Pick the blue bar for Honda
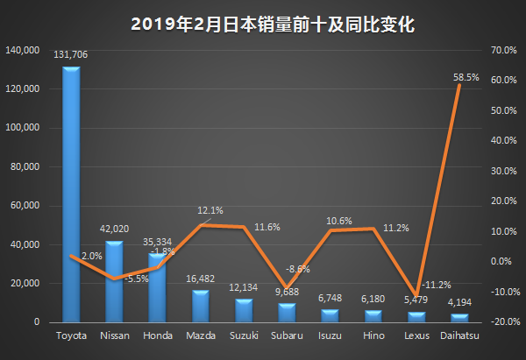point(157,288)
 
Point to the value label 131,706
point(71,55)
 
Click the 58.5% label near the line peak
point(466,77)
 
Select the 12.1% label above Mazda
point(210,210)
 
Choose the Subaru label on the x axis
point(287,335)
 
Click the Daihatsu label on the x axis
point(459,335)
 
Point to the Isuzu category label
point(330,335)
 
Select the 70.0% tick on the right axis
point(501,50)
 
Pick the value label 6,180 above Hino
point(373,299)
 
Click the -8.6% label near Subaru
point(298,269)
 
